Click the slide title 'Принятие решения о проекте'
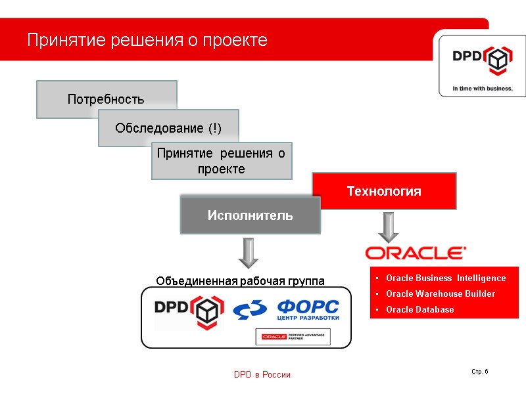click(147, 40)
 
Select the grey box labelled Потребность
click(106, 99)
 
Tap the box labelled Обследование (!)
click(168, 127)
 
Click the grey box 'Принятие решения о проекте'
click(222, 161)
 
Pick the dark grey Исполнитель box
click(250, 215)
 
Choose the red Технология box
click(384, 191)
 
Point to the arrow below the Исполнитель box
click(248, 253)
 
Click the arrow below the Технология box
click(389, 227)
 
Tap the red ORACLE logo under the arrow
click(416, 253)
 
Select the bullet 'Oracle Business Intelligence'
click(446, 278)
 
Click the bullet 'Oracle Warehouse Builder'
click(441, 294)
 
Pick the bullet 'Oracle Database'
click(419, 309)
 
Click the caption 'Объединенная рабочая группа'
click(240, 281)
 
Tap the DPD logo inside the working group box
click(189, 311)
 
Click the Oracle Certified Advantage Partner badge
click(293, 337)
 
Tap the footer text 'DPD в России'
click(262, 374)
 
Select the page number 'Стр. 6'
click(480, 372)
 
